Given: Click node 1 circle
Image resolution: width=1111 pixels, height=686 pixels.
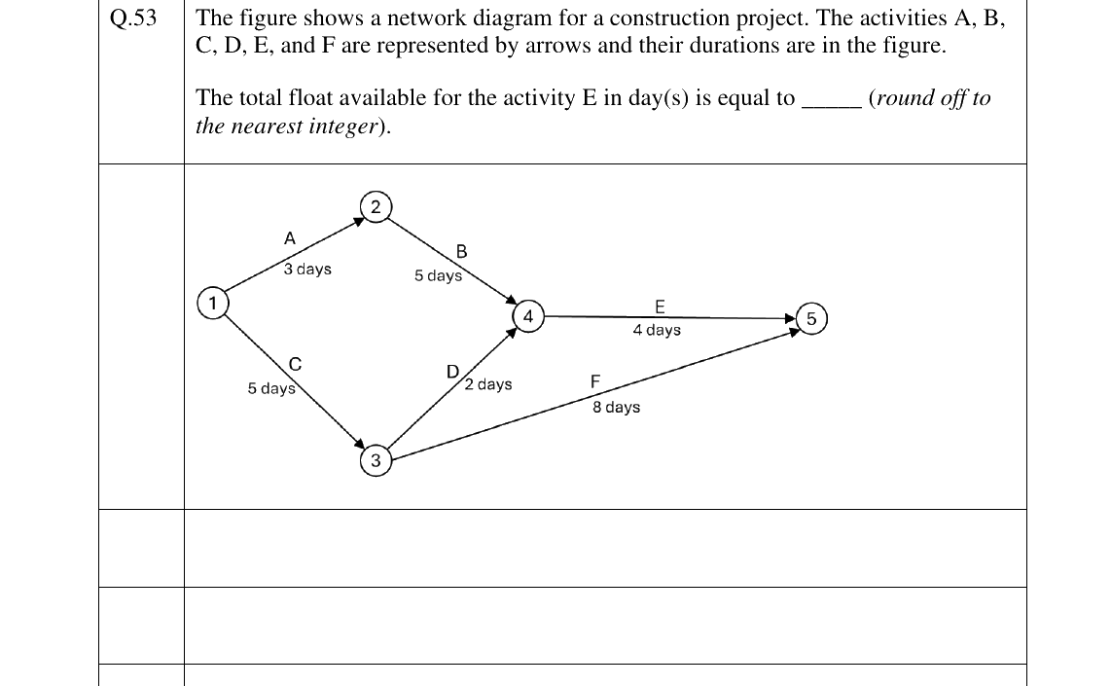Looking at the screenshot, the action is point(212,304).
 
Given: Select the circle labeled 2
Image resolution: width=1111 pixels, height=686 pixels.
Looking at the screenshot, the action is point(376,207).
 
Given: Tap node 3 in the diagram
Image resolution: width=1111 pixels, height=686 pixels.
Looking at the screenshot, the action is point(376,460).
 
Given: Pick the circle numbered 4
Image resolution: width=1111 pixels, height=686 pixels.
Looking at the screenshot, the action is point(528,316).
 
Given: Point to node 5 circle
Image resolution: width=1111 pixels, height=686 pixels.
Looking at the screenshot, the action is point(811,319).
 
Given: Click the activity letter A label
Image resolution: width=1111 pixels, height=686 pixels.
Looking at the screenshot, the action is point(289,238).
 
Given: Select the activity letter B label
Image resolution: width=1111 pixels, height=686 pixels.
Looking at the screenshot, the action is point(461,252).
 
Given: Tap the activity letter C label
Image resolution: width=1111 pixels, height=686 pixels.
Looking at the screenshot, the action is point(296,364).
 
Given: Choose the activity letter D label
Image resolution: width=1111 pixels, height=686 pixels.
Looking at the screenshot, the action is point(452,372).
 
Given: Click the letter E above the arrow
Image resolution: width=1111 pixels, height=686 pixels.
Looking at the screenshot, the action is point(660,307).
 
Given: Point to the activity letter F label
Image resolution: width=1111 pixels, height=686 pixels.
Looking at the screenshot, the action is point(595,382).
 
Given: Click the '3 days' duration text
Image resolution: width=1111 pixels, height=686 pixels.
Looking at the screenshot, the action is point(307,270).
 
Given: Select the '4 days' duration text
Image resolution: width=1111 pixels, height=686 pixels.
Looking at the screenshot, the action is point(657,330).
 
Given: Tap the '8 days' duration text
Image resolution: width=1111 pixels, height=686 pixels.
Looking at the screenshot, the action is point(617,407).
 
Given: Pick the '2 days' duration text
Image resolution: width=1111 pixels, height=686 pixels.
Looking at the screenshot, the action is point(488,384).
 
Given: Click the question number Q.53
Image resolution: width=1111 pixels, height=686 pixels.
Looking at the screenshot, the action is point(133,18).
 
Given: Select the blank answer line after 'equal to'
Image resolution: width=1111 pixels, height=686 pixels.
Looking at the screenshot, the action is point(831,106).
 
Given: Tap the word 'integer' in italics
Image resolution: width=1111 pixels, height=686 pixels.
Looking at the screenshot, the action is point(343,126).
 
